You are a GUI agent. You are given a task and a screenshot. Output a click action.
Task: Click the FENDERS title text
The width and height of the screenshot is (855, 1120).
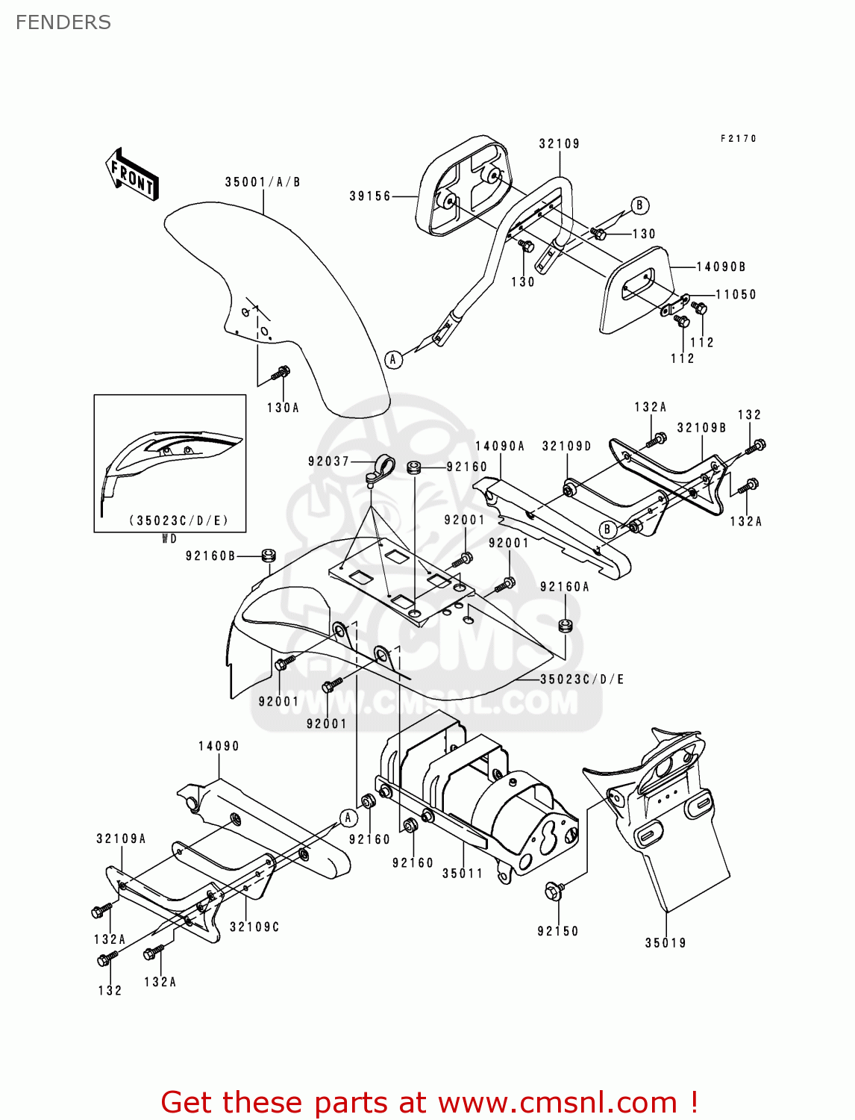point(63,22)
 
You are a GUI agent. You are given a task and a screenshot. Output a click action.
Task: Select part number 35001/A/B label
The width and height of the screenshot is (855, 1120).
point(263,182)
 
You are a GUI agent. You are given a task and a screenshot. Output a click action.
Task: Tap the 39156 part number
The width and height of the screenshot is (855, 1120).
point(370,196)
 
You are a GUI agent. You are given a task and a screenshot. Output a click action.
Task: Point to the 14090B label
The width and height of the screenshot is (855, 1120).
point(721,267)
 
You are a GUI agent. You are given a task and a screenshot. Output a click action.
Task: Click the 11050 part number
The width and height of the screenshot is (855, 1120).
point(736,295)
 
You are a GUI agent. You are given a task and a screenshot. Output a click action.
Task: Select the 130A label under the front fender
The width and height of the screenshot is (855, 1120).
point(283,408)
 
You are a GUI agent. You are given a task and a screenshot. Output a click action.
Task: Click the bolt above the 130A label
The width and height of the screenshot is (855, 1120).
point(283,371)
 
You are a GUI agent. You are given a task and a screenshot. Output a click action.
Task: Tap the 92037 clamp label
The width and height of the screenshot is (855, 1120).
point(329,461)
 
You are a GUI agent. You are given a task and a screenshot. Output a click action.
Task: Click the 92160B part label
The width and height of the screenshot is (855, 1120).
point(210,556)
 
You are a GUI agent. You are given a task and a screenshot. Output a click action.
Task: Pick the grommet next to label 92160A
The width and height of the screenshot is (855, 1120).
point(566,625)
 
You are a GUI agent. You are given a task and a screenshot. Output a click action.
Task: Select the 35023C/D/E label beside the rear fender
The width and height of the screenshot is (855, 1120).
point(582,679)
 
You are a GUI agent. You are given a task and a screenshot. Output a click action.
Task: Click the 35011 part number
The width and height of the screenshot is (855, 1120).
point(463,874)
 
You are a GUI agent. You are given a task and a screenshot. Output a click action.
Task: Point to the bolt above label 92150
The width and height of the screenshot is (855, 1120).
point(554,890)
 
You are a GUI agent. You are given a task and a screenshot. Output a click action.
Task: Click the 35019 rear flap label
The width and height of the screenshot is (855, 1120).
point(665,943)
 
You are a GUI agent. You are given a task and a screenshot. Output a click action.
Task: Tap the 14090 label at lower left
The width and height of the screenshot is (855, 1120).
point(219,747)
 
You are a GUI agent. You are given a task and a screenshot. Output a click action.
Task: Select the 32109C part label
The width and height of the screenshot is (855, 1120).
point(254,927)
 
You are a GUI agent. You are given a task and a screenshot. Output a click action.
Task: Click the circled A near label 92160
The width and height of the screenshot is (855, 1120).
point(348,818)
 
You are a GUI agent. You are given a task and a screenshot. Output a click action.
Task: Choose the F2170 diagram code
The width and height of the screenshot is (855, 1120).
point(739,139)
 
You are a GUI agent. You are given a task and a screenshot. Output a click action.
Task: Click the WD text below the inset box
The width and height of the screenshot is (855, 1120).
point(169,539)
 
